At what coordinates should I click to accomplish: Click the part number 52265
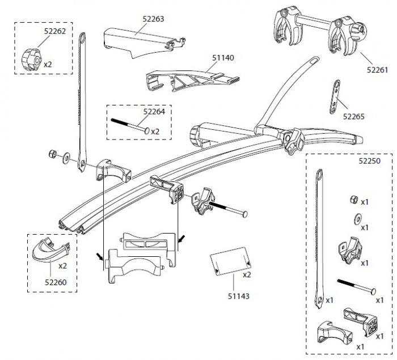click(x=354, y=117)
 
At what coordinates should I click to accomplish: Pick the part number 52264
click(x=154, y=112)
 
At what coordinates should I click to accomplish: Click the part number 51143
click(x=236, y=295)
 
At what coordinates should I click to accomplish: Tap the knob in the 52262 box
click(x=30, y=58)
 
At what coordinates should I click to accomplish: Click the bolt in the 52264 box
click(x=130, y=126)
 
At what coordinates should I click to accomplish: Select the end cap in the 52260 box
click(x=51, y=250)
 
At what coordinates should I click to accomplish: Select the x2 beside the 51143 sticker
click(x=247, y=275)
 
